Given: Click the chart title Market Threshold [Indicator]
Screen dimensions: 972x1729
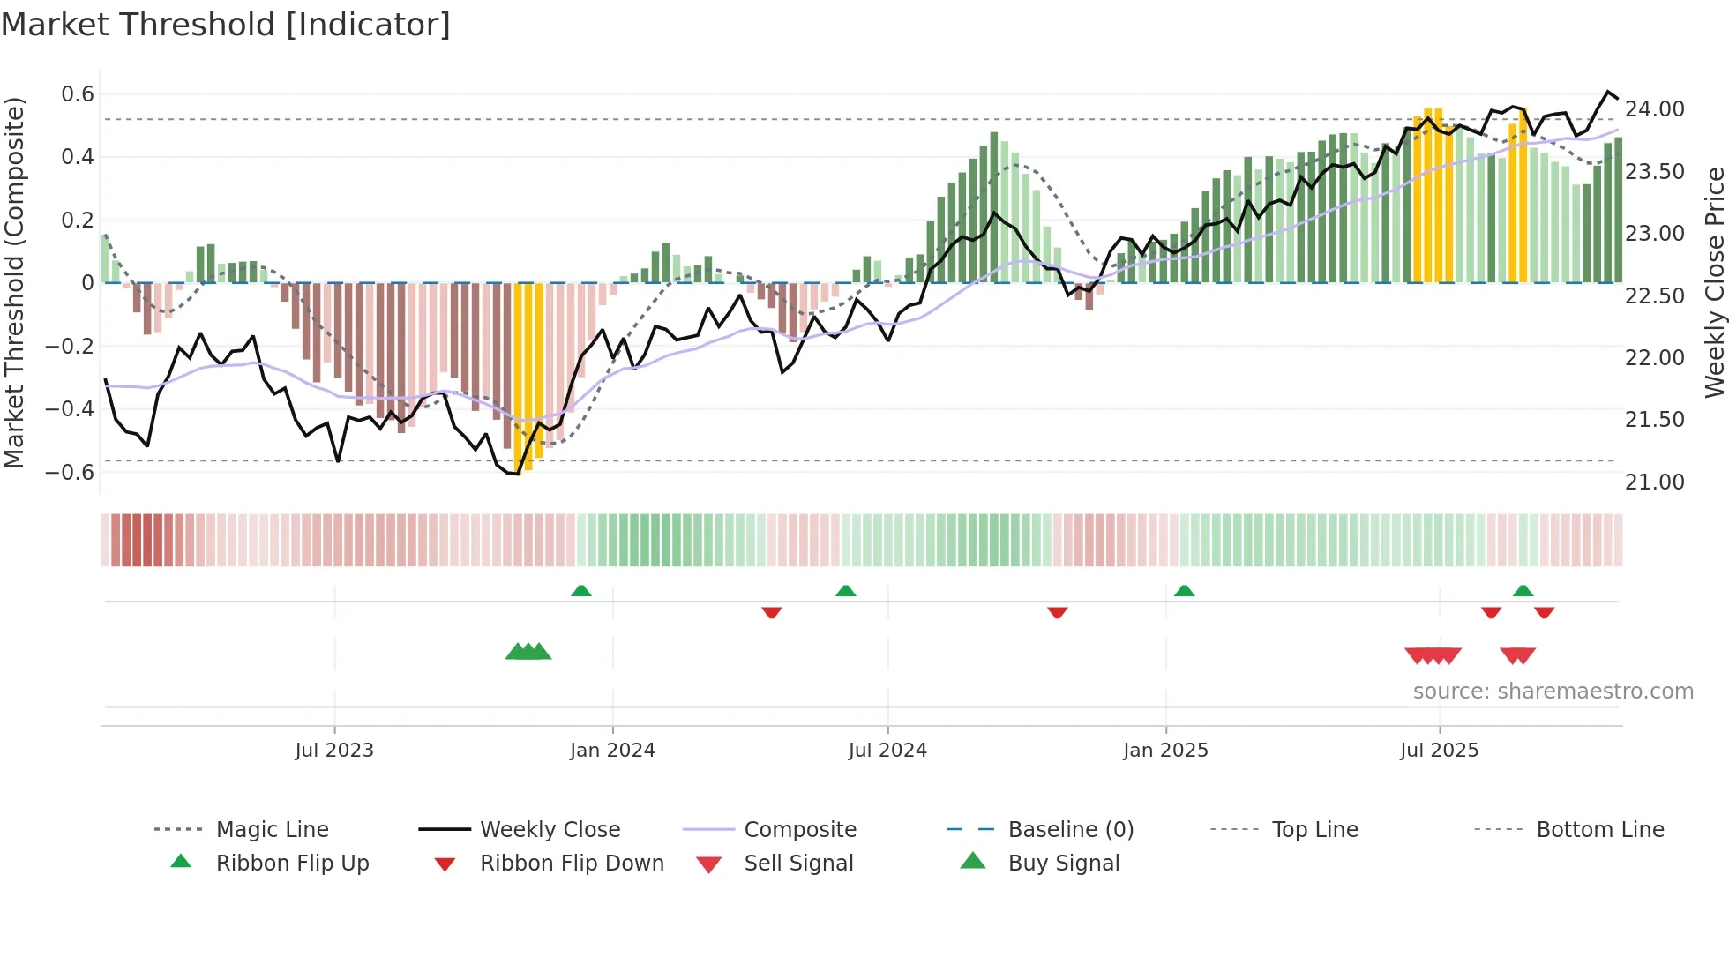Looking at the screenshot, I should (226, 25).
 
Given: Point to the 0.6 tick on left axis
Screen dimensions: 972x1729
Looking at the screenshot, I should (78, 94).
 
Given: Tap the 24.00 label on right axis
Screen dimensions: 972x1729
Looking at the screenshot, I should (1654, 109).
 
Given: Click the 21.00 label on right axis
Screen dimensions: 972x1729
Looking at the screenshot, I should (1654, 482).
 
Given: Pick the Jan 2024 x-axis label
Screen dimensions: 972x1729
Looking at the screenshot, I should (612, 751).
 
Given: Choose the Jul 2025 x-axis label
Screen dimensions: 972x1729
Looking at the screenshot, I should (1439, 751).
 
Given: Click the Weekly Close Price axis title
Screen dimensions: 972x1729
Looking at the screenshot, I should (1714, 282).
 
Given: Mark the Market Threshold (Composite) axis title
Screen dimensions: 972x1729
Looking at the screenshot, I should (14, 282).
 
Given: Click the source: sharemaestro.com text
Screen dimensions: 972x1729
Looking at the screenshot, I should (1553, 692).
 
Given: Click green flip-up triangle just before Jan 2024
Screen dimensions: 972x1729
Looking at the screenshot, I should (581, 591).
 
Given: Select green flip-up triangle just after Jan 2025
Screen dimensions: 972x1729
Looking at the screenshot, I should (1184, 591).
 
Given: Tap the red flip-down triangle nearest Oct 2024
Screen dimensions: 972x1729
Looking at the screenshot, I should (1057, 612).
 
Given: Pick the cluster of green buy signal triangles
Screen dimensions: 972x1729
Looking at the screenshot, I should (528, 652).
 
